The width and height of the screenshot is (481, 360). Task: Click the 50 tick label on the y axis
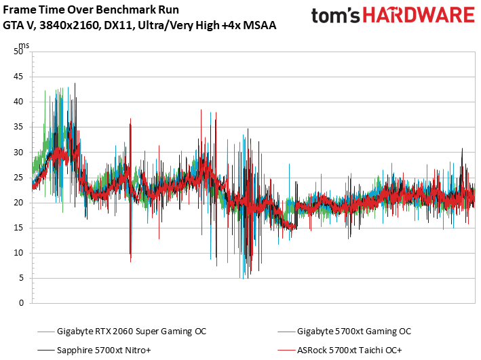tap(19, 52)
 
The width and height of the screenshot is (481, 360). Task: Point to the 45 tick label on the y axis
tap(19, 77)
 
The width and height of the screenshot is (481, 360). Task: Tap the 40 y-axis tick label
tap(19, 102)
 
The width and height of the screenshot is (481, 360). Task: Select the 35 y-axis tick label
tap(19, 127)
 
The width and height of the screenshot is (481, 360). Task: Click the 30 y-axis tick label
tap(19, 152)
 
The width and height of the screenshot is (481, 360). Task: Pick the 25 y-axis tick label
tap(19, 177)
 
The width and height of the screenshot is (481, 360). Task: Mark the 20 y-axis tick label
tap(19, 202)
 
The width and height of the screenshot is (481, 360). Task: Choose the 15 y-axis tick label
tap(19, 227)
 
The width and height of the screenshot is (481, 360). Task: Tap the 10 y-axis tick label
tap(19, 252)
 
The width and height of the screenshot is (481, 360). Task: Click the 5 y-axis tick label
tap(22, 277)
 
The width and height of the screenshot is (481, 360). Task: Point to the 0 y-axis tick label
tap(22, 302)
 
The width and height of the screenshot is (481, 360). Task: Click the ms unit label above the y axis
tap(24, 45)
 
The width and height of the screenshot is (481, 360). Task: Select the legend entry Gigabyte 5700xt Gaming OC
tap(353, 332)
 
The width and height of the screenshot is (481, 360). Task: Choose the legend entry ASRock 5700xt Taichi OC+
tap(349, 350)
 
